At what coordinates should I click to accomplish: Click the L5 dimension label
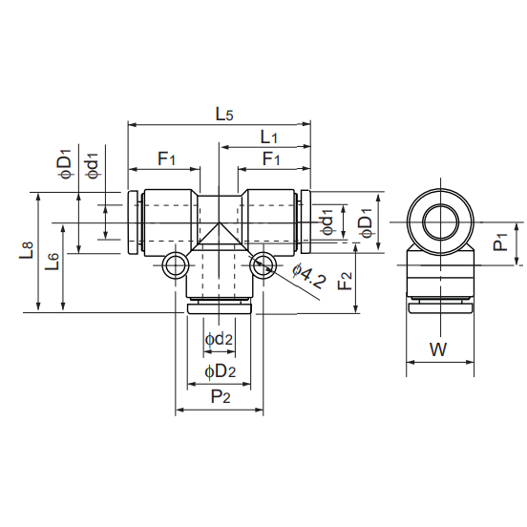[223, 115]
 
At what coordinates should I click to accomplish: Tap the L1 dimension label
[269, 137]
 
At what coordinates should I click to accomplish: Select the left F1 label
[167, 158]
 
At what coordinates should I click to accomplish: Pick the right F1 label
[271, 158]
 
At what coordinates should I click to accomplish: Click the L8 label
[26, 250]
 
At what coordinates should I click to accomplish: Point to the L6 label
[53, 262]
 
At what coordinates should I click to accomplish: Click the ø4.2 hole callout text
[309, 277]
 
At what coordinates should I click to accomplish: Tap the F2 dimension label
[346, 281]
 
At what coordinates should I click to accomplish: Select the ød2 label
[219, 339]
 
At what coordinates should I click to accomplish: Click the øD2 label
[221, 371]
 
